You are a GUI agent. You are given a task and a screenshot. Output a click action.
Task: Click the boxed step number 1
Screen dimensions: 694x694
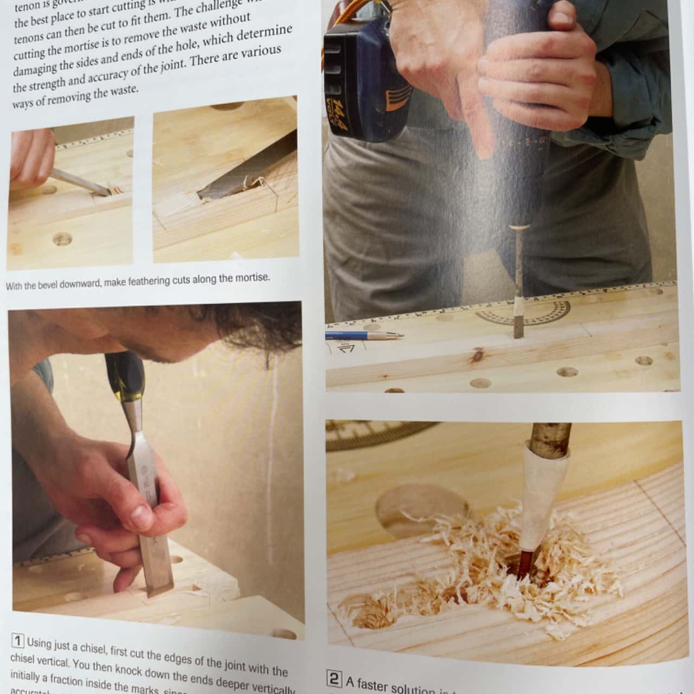(18, 641)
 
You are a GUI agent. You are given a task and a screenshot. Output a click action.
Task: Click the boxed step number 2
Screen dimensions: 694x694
(334, 678)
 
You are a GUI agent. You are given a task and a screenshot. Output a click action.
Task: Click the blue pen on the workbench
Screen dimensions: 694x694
(363, 335)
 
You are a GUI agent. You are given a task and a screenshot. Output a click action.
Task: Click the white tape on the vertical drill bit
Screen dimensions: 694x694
(519, 305)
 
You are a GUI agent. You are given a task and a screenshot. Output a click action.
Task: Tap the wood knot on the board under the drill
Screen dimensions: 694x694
(478, 355)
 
